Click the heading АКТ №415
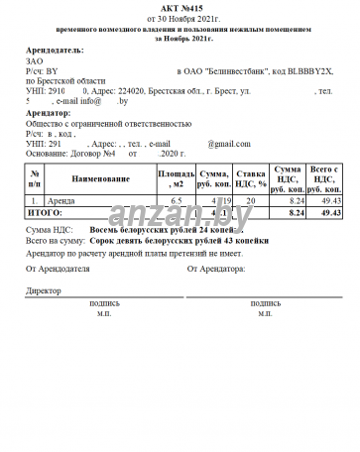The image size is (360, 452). [x=179, y=9]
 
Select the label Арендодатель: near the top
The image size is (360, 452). [x=55, y=50]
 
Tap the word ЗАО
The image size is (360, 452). [x=35, y=61]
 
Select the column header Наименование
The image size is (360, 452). [x=100, y=178]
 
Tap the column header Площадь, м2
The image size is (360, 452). [x=177, y=178]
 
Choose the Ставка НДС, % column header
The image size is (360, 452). [x=251, y=178]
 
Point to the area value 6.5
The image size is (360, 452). [x=177, y=201]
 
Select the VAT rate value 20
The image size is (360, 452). [x=251, y=201]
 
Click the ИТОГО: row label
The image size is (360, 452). [x=45, y=212]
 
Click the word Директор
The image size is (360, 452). [x=44, y=291]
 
